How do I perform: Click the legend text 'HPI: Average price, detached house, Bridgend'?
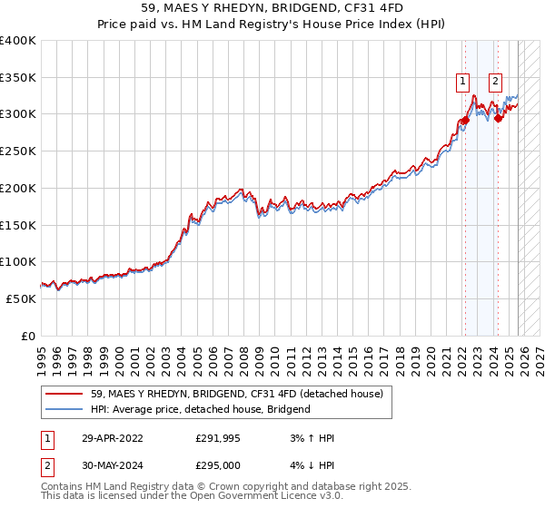(201, 409)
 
